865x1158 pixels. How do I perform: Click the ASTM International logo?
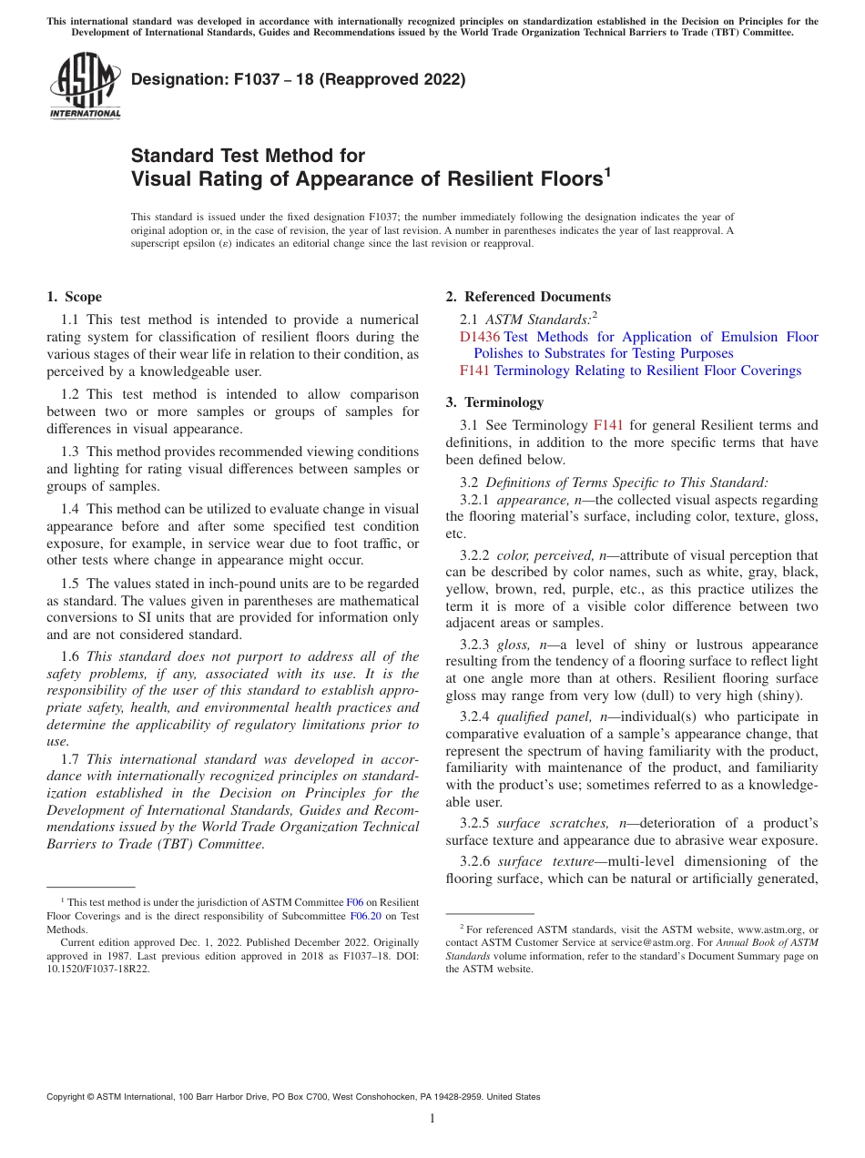click(84, 86)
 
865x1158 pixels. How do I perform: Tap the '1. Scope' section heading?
click(75, 297)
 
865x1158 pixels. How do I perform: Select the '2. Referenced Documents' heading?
click(528, 297)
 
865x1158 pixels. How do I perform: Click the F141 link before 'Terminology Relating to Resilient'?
click(474, 371)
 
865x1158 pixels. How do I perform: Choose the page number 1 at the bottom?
click(432, 1119)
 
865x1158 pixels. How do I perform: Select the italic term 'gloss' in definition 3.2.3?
click(512, 644)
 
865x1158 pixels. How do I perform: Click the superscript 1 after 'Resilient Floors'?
click(607, 171)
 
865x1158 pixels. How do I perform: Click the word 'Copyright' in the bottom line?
click(67, 1097)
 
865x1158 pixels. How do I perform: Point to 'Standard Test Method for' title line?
click(248, 156)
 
